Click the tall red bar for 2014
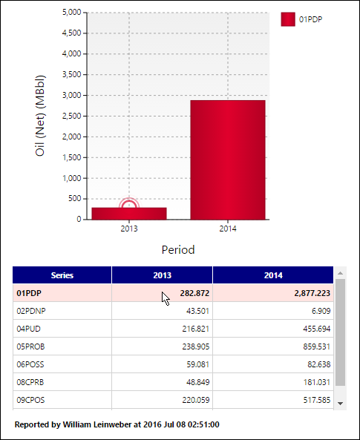click(228, 160)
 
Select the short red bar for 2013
click(129, 214)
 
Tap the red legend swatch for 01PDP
click(288, 19)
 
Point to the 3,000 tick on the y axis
click(71, 96)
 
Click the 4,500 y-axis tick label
click(71, 33)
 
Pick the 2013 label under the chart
click(129, 229)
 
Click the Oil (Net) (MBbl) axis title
click(40, 116)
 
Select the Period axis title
click(178, 249)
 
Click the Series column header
click(62, 275)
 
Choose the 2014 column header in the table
click(273, 275)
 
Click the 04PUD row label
click(28, 329)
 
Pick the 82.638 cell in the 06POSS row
click(319, 364)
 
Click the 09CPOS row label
click(30, 400)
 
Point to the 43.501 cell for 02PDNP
click(197, 311)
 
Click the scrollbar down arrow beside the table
click(341, 404)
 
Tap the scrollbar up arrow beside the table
click(341, 273)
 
